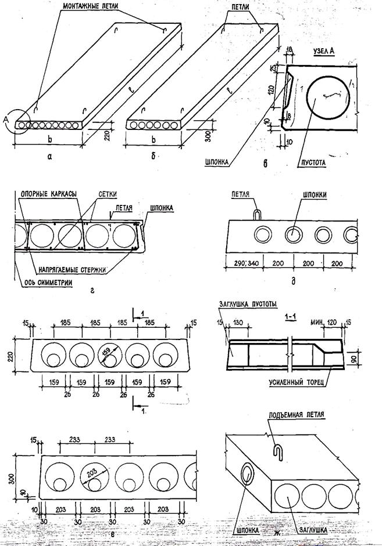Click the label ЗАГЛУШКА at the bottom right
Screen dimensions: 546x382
pos(316,529)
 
